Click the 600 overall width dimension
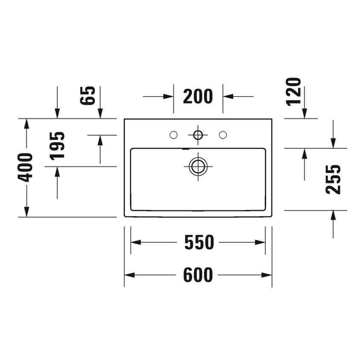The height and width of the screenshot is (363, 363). point(198,275)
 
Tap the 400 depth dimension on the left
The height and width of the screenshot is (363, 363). point(26,167)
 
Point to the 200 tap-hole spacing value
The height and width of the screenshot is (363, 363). point(198,97)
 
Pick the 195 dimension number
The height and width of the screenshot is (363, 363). point(57,145)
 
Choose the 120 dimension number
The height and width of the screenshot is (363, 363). point(294,91)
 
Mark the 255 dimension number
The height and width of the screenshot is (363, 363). point(334,179)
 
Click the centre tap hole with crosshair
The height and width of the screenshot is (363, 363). point(198,135)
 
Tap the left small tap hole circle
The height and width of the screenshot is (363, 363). point(173,135)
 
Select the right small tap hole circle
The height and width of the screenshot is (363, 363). point(222,135)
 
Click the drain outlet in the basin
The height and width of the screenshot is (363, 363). point(198,166)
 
